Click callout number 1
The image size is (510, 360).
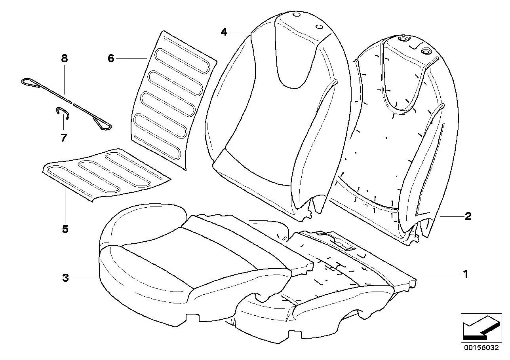click(466, 274)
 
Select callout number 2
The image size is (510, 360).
click(468, 216)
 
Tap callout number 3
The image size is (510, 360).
click(66, 278)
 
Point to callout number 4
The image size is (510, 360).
click(224, 32)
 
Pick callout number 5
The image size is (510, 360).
click(65, 229)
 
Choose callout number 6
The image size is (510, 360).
click(111, 59)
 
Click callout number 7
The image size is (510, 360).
click(64, 138)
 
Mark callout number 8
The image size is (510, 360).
click(65, 59)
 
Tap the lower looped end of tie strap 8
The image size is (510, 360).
click(103, 125)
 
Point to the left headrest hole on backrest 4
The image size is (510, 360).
click(296, 15)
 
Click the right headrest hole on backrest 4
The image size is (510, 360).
click(319, 27)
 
